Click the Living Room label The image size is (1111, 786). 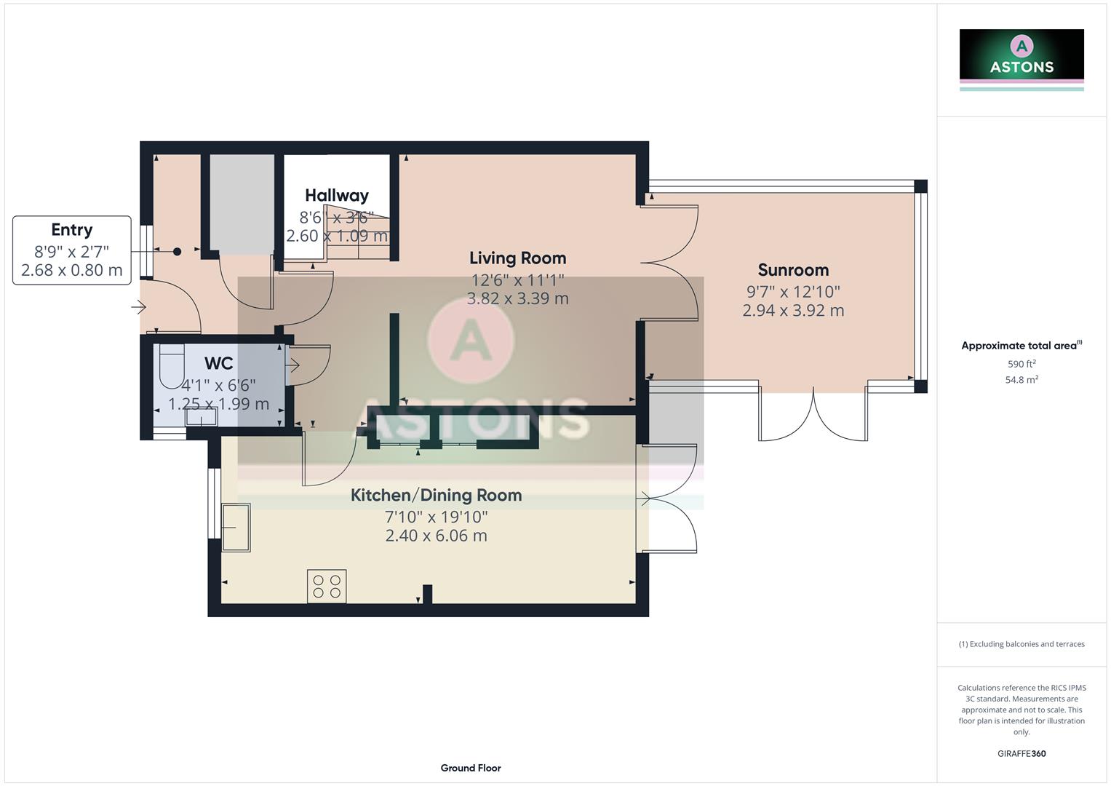point(517,258)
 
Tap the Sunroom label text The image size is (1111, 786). point(793,270)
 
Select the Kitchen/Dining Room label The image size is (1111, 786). point(436,496)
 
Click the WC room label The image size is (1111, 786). point(218,364)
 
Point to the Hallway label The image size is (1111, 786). point(336,196)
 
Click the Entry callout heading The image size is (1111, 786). point(71,230)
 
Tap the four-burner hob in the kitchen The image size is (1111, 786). point(327,587)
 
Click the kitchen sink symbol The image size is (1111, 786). point(236,527)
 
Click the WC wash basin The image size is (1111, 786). point(202,418)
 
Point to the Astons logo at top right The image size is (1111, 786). point(1022,55)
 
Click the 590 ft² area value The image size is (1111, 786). point(1022,364)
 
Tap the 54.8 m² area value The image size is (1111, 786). point(1022,380)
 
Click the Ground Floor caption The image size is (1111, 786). point(471,768)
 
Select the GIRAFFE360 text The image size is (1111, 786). point(1022,753)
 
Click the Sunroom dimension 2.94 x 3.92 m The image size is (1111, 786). point(793,311)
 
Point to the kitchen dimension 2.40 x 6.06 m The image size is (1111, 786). point(436,536)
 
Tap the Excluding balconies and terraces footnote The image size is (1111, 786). point(1022,644)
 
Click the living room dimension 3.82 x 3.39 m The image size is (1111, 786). point(517,298)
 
